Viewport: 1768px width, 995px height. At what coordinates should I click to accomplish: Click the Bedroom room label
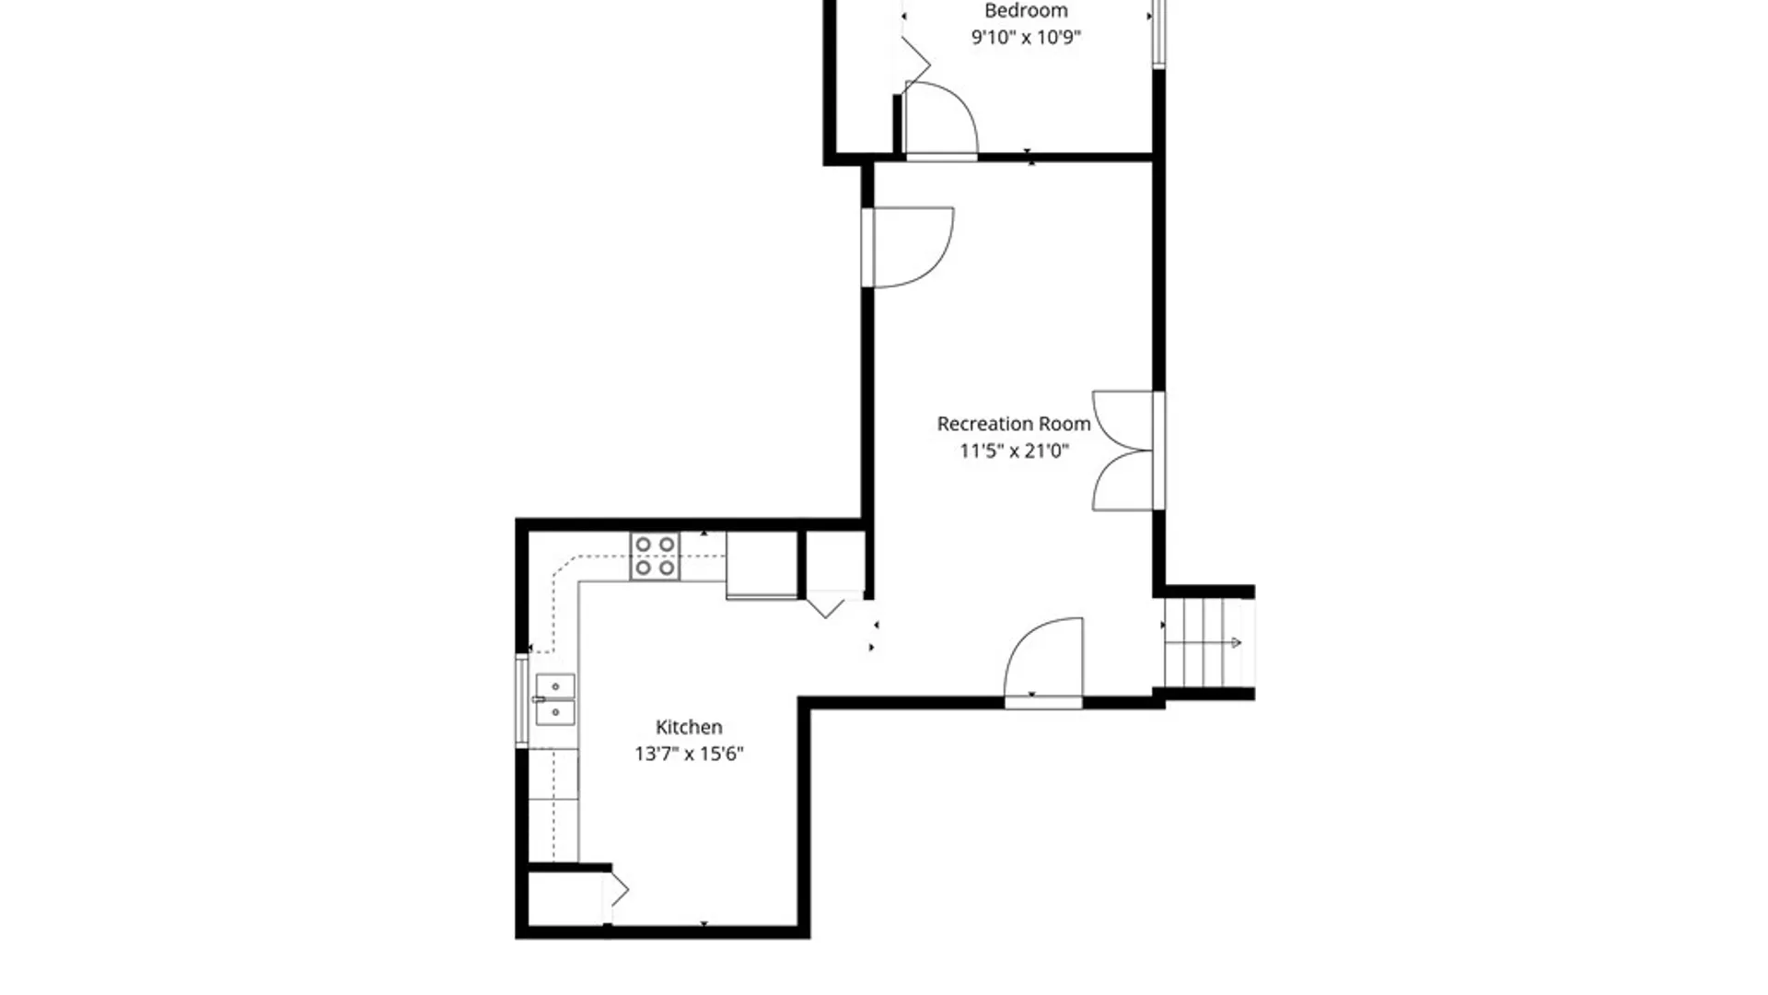coord(1026,11)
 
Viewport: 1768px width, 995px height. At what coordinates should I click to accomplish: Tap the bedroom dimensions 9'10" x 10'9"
coord(1026,38)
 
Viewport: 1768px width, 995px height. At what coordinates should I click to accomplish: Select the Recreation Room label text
coord(1014,424)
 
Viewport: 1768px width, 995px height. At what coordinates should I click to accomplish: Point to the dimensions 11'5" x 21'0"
coord(1014,451)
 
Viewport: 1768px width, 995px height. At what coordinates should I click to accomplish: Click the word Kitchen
coord(689,727)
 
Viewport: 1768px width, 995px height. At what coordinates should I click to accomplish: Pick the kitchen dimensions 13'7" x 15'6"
coord(689,754)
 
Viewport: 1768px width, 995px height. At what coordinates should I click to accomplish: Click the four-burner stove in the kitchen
coord(655,556)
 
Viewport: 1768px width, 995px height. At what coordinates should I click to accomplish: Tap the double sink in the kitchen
coord(555,699)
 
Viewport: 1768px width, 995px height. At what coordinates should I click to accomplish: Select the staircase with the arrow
coord(1208,643)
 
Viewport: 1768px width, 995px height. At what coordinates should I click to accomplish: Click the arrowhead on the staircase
coord(1236,643)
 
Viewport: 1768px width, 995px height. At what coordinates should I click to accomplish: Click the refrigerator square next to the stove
coord(762,566)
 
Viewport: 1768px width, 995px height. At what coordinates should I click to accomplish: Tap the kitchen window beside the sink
coord(521,700)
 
